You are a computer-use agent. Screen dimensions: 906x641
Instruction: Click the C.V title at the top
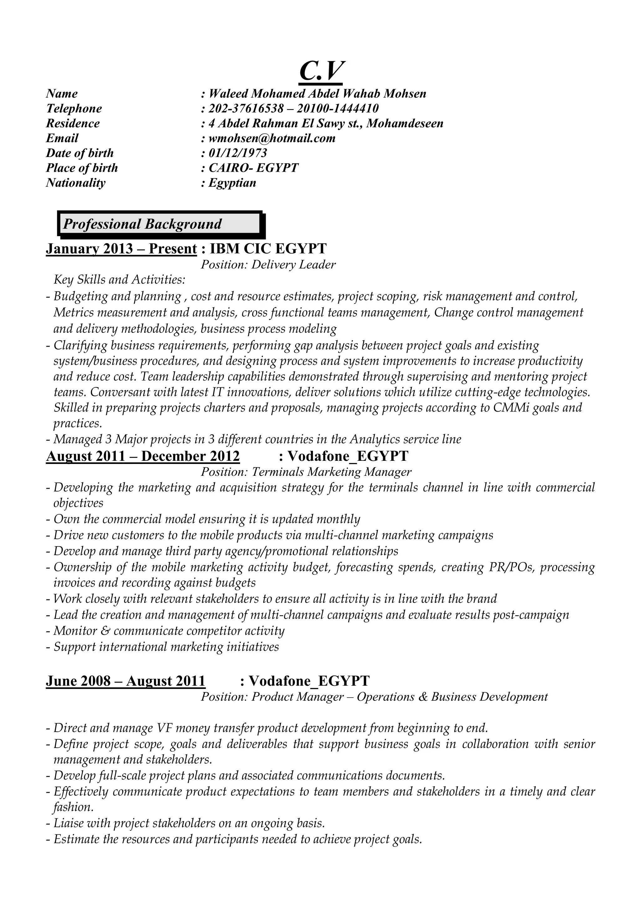coord(320,71)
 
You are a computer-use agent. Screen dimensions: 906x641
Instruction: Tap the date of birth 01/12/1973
coord(238,153)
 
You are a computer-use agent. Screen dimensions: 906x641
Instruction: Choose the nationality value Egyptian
coord(232,183)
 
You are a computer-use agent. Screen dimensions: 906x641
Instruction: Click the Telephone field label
coord(74,109)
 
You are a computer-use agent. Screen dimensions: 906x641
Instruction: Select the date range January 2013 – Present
coord(121,249)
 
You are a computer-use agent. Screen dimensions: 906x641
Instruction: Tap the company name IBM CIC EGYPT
coord(268,249)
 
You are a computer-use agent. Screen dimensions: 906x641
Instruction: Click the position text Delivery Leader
coord(293,265)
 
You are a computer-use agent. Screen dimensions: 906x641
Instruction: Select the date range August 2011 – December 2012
coord(143,456)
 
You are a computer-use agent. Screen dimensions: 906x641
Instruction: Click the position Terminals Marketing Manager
coord(331,472)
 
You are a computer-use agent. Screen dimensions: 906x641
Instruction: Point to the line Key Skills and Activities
coord(119,280)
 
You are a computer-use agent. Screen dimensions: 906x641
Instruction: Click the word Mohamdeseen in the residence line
coord(405,124)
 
